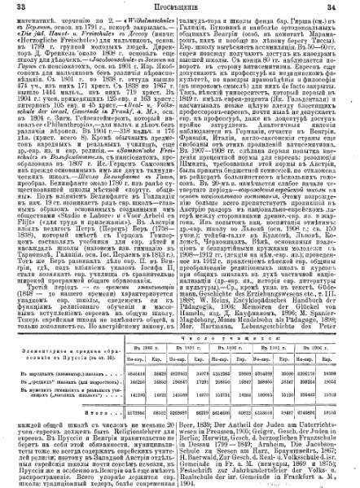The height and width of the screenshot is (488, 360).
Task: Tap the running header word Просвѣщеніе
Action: (181, 7)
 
